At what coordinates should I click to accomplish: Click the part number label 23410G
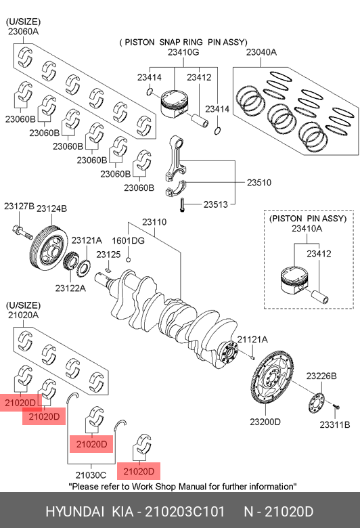183,52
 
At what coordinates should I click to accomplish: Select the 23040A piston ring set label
261,52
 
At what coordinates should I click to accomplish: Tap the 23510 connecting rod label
259,183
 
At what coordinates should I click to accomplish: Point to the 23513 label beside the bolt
216,204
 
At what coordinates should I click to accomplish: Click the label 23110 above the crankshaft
154,222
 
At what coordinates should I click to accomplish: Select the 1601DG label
128,241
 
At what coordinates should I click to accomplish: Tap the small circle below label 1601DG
128,259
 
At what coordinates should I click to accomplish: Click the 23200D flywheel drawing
273,377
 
